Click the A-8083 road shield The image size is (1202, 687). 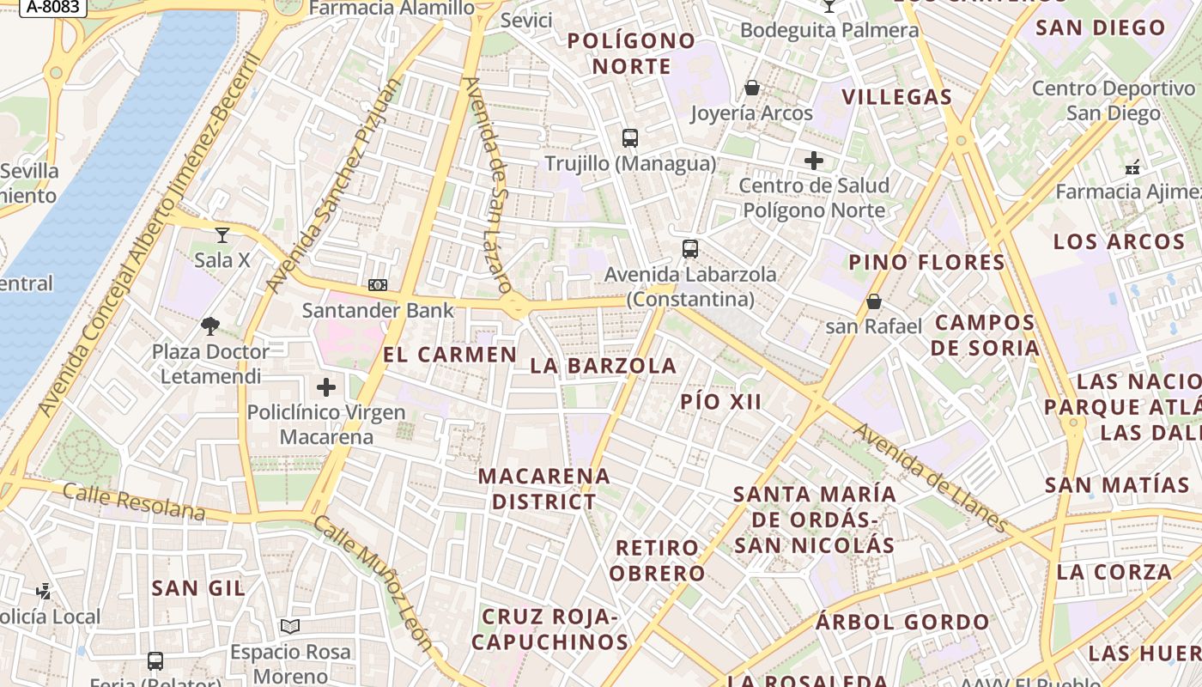(53, 7)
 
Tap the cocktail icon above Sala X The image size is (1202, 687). (222, 234)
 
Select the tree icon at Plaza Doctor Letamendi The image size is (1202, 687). (209, 326)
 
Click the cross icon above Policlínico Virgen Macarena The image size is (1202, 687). (326, 387)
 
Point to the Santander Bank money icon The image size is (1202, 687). (377, 285)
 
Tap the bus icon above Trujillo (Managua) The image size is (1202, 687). (630, 137)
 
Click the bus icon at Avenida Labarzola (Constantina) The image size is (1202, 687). (689, 249)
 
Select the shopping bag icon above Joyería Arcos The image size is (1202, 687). (752, 88)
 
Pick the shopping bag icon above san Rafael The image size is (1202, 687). (873, 301)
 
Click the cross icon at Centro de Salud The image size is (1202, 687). (813, 161)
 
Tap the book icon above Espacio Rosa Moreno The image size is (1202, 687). (290, 627)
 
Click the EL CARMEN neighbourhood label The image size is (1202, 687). (450, 355)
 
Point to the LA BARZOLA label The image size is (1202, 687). (604, 366)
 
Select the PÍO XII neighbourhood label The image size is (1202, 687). (721, 401)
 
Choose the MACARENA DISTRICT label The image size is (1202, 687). (544, 489)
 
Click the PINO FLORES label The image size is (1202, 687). (926, 263)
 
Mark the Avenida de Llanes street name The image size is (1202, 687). (932, 477)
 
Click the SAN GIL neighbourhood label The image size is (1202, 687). (198, 588)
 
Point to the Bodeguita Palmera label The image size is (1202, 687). (829, 31)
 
